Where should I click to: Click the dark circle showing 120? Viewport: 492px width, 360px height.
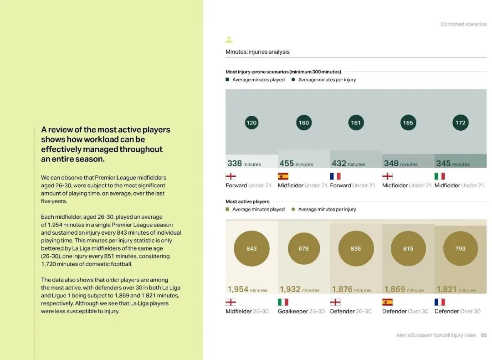coord(251,123)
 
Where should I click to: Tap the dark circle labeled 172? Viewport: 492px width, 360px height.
coord(461,123)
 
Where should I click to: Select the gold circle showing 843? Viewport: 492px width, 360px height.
coord(251,248)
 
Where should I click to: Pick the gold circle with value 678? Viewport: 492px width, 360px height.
coord(304,248)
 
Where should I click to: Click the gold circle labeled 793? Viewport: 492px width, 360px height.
coord(461,248)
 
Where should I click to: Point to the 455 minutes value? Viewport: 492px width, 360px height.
coord(296,164)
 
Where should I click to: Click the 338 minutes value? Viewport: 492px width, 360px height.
coord(244,164)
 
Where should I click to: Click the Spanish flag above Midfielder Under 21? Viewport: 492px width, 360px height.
coord(283,176)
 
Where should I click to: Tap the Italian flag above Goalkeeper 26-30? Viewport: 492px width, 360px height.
coord(283,302)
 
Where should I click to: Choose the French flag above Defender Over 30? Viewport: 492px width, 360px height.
coord(440,302)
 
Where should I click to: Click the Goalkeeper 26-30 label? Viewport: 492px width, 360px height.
coord(301,311)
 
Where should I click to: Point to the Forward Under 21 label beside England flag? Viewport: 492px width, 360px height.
coord(248,185)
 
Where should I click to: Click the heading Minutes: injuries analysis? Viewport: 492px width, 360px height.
coord(257,52)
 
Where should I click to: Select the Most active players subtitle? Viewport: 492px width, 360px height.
coord(247,201)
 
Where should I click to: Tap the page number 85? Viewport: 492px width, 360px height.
coord(483,335)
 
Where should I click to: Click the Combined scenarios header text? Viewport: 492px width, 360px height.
coord(463,24)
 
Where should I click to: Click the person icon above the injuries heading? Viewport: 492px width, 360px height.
coord(229,40)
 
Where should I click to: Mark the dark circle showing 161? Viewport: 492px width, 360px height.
coord(356,123)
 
